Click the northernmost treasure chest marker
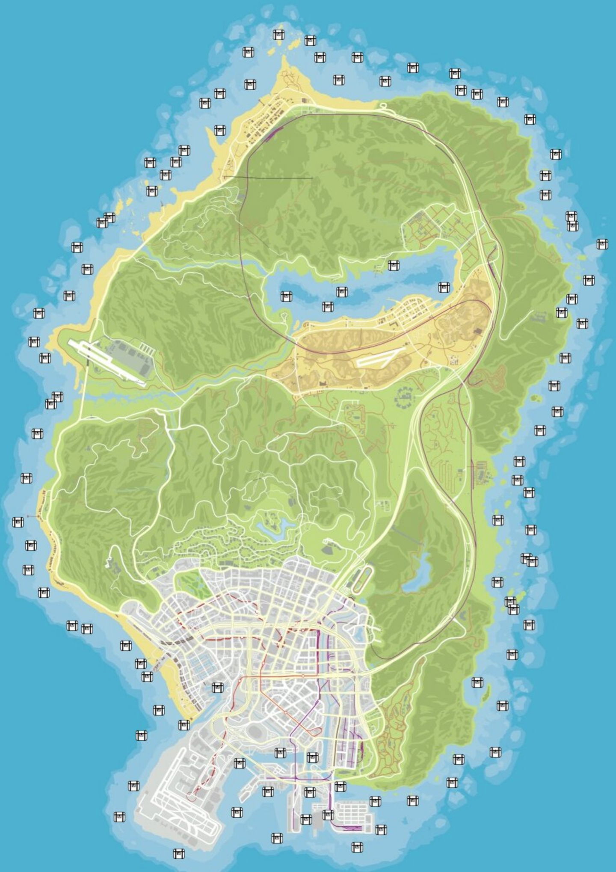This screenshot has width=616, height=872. [278, 34]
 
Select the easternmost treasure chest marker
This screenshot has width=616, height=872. [602, 244]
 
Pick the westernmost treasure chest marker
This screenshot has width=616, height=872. [18, 522]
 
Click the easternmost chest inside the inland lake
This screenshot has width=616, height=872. [444, 287]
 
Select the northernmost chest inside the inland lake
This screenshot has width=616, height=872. [393, 265]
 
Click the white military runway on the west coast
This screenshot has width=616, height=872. [107, 362]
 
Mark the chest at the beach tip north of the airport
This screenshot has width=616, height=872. [184, 724]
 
